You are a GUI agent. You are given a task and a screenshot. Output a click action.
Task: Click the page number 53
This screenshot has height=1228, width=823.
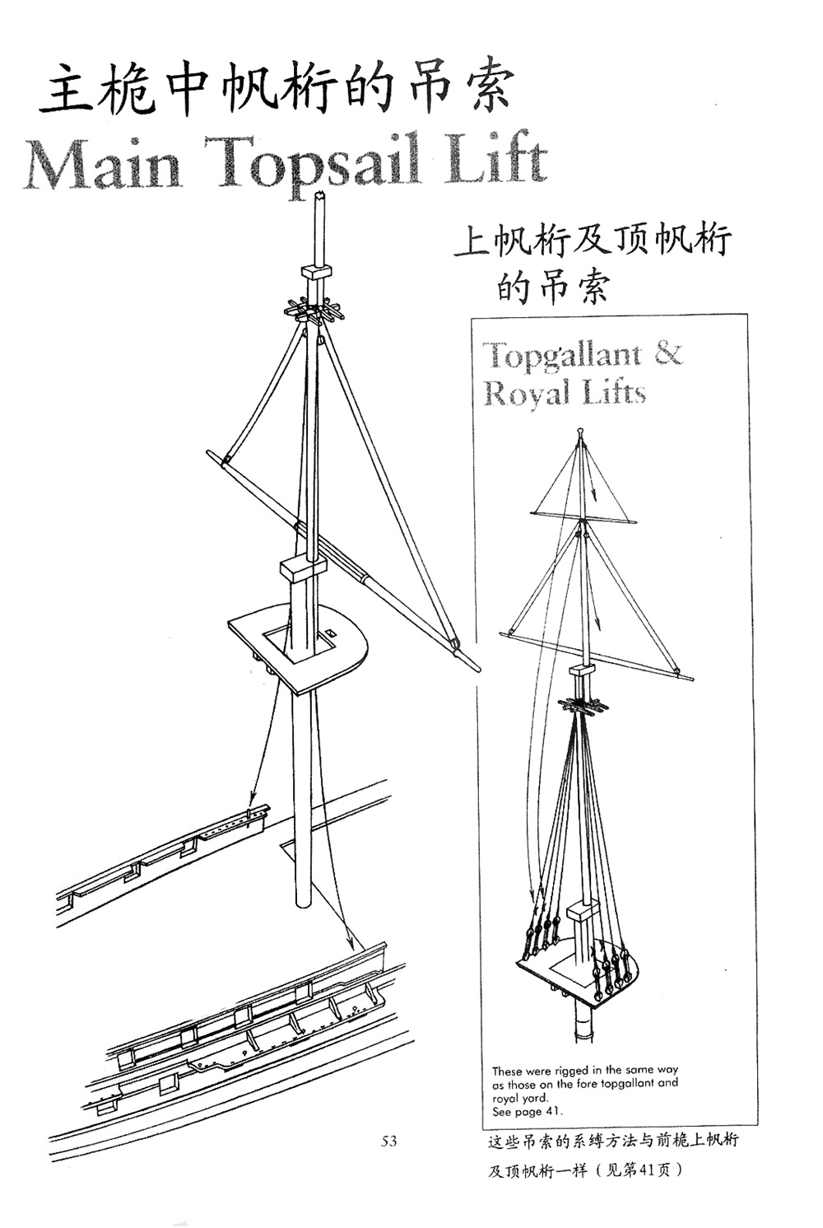coord(389,1141)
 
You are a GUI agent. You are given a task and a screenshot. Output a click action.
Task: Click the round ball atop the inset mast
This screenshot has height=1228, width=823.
coord(582,431)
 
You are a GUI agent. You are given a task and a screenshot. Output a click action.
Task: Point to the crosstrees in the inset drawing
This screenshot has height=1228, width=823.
coord(584,706)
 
